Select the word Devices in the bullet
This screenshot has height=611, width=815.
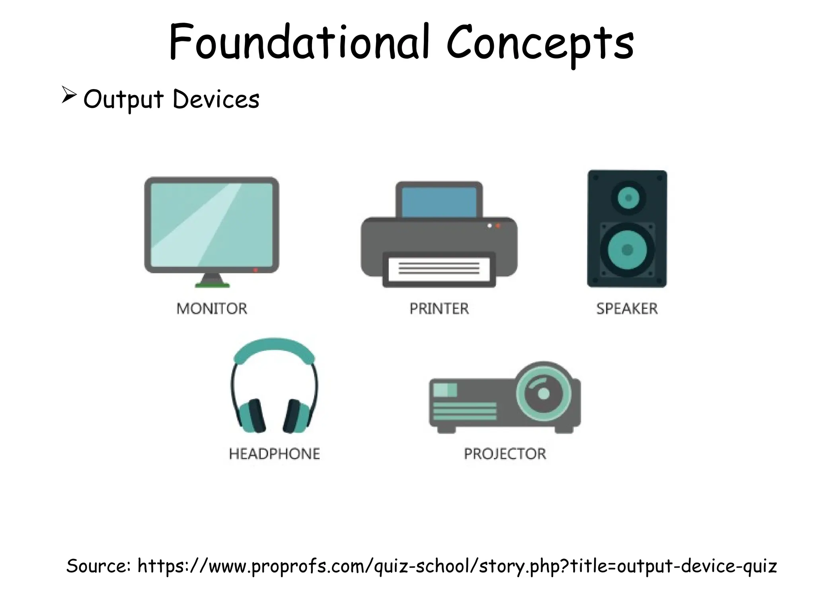coord(216,99)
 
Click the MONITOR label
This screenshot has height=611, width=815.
coord(212,309)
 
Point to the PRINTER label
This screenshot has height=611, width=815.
coord(439,309)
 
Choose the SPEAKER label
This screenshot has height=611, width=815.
coord(627,309)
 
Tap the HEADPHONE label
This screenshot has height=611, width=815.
coord(274,454)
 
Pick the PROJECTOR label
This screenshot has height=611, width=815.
coord(505,454)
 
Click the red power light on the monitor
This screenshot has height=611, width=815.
coord(255,270)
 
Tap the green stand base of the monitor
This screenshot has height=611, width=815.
coord(212,284)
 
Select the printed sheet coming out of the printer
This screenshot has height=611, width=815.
coord(439,269)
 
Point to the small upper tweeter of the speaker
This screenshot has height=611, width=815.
coord(628,198)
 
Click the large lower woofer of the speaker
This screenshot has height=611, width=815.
coord(627,250)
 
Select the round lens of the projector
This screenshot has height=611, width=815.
coord(544,394)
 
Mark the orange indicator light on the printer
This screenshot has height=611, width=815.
coord(498,226)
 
